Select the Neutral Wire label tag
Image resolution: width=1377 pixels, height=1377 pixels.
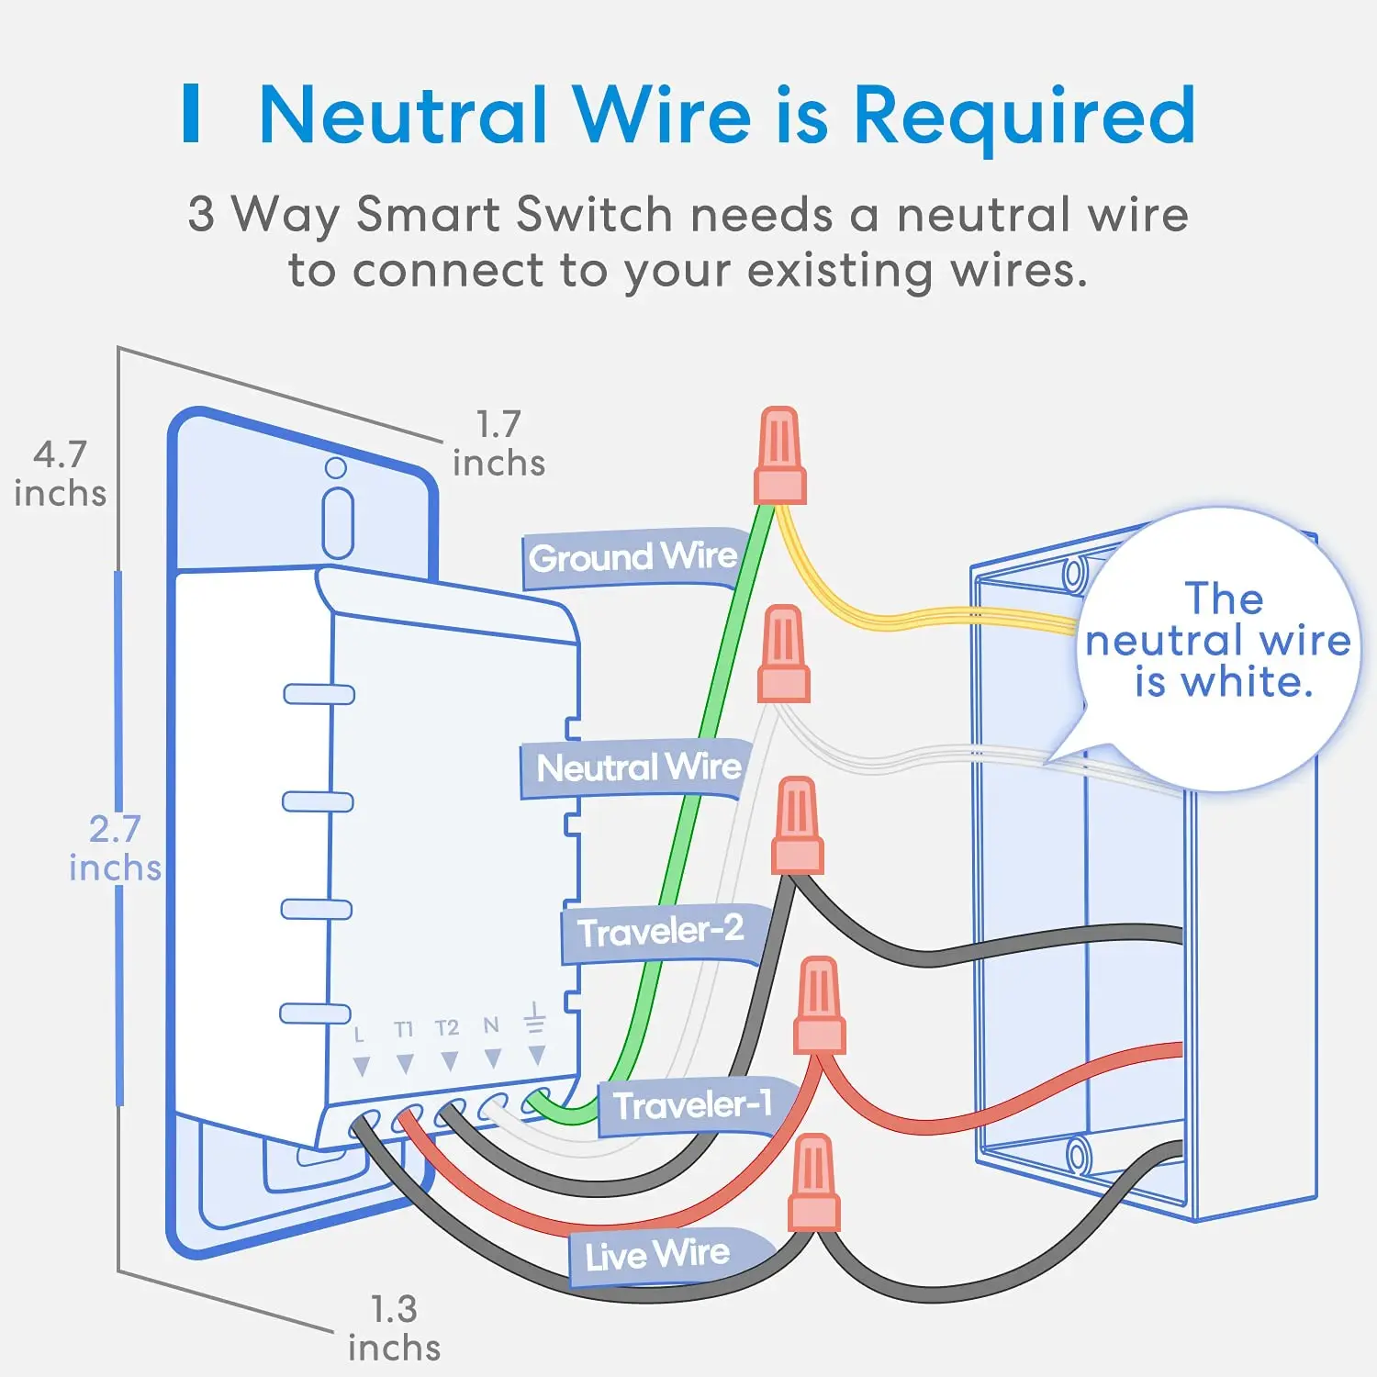[x=639, y=767]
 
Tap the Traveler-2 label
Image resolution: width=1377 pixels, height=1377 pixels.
[x=661, y=932]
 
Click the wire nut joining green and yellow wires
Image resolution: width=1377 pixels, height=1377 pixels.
[x=780, y=456]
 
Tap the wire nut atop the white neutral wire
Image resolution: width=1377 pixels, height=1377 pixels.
[x=783, y=654]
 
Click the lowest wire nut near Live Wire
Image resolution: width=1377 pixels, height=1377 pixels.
[x=813, y=1182]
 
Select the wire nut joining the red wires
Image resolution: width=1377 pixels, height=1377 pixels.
[x=819, y=1004]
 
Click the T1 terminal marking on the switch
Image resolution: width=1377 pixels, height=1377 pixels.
[x=404, y=1029]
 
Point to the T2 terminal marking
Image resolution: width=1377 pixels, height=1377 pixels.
[x=447, y=1027]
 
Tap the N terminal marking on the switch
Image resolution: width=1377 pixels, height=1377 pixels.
[x=491, y=1024]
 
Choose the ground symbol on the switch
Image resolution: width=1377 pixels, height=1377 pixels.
[x=534, y=1018]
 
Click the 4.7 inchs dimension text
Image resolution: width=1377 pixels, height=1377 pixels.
[x=61, y=474]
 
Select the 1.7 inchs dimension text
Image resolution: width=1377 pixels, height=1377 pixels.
[x=499, y=443]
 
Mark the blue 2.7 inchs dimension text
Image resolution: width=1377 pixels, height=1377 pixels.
[x=115, y=848]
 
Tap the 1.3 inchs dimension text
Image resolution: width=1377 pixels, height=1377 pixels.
[x=394, y=1328]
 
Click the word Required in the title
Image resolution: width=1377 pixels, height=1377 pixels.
[x=1024, y=117]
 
